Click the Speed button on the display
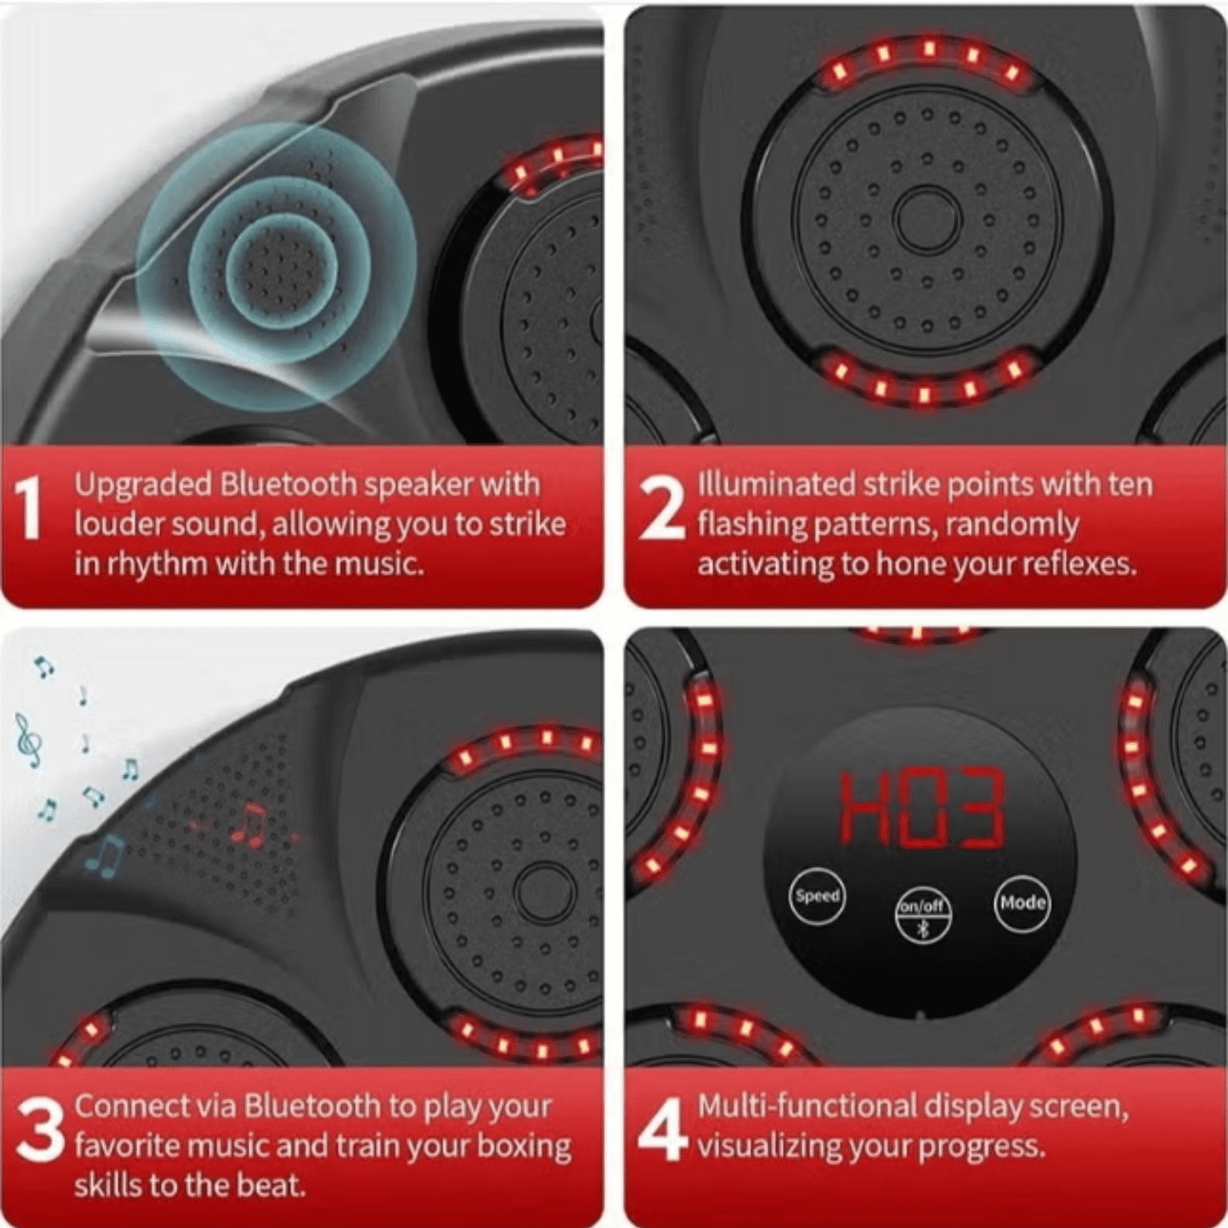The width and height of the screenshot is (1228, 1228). click(x=817, y=896)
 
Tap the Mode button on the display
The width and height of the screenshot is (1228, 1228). click(x=1022, y=903)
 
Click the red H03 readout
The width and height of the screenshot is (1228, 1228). click(x=921, y=809)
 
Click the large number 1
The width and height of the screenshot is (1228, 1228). click(x=29, y=507)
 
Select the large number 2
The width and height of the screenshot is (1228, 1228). click(x=662, y=507)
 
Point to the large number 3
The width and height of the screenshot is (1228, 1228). click(x=40, y=1129)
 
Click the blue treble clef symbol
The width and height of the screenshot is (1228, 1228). click(x=29, y=740)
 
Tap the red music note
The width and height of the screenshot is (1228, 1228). click(x=249, y=825)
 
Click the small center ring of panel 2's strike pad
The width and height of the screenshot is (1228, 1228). click(x=927, y=219)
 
